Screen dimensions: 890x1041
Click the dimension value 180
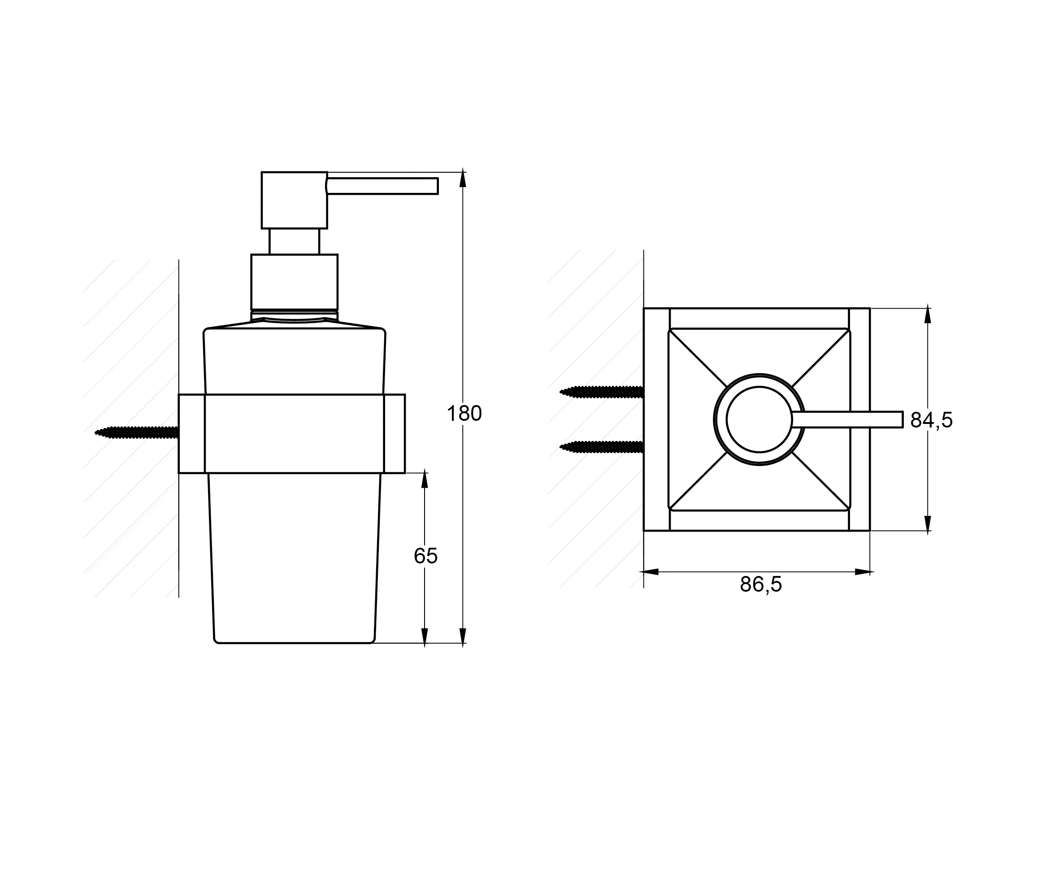point(464,413)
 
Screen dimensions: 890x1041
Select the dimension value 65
point(425,556)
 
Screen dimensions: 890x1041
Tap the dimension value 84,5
point(931,420)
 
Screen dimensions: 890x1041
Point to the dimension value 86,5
point(761,584)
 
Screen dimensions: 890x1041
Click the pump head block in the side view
point(294,200)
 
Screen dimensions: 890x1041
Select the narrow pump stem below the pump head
point(294,241)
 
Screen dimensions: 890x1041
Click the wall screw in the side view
point(136,432)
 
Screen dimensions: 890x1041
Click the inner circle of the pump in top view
point(759,419)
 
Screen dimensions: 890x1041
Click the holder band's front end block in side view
point(395,433)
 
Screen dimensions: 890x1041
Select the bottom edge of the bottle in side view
point(294,643)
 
